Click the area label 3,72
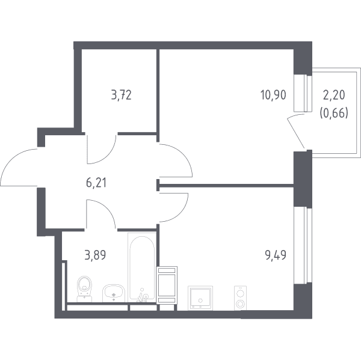tap(122, 95)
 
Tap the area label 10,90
tap(273, 95)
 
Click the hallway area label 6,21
tap(96, 183)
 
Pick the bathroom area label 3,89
tap(95, 255)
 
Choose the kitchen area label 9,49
tap(276, 255)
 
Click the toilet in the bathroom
tap(84, 289)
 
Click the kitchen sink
tap(200, 298)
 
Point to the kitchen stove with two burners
tap(240, 298)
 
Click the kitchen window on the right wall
tap(303, 245)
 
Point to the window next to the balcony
tap(303, 93)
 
